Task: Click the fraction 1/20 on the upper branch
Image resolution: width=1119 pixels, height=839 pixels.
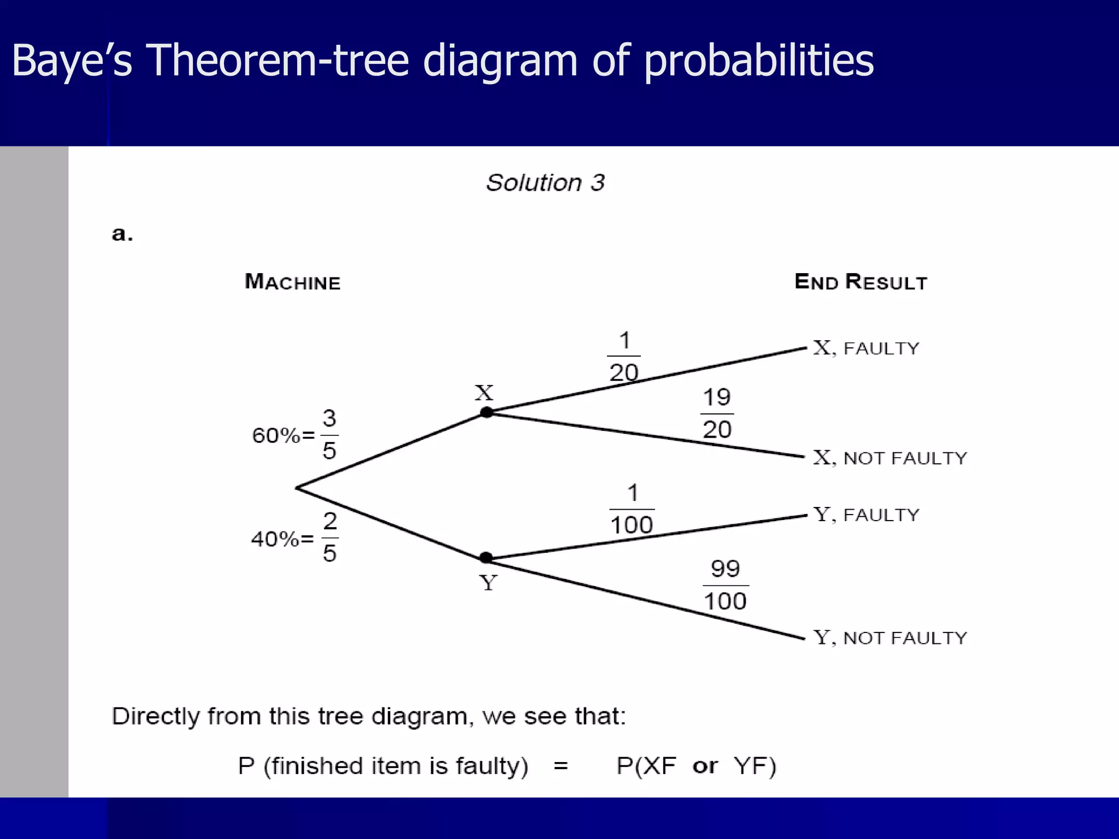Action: coord(624,356)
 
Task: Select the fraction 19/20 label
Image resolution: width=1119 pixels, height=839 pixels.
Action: coord(717,413)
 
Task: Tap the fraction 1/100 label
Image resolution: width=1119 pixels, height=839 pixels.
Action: coord(632,509)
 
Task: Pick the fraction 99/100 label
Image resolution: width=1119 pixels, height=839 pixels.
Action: coord(725,585)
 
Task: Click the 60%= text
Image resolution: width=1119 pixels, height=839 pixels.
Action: coord(283,436)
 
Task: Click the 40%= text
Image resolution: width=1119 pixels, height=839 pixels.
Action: coord(282,539)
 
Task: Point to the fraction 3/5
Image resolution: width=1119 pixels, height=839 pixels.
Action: coord(329,435)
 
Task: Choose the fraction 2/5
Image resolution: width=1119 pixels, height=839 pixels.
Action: coord(329,537)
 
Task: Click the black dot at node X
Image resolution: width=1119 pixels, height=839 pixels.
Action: coord(486,412)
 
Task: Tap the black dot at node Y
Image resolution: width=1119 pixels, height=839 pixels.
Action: coord(486,558)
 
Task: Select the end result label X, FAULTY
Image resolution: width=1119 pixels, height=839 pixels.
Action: coord(866,348)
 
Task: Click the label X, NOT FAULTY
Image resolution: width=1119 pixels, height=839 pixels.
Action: coord(890,458)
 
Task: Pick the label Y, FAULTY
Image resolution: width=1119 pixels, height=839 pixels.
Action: coord(866,515)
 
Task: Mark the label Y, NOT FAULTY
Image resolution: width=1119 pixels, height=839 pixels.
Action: coord(890,637)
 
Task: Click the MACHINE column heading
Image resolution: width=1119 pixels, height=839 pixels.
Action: coord(292,282)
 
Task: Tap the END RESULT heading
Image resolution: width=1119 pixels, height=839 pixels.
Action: coord(861,282)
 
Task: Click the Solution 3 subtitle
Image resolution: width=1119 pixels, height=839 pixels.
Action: coord(545,182)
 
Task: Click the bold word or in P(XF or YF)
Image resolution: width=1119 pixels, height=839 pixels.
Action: coord(705,766)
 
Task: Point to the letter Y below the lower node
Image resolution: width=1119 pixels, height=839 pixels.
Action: coord(488,583)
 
